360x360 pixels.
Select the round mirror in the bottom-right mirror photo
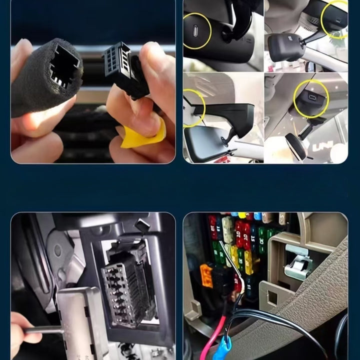pyautogui.click(x=295, y=145)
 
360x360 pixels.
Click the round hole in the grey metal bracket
pyautogui.click(x=57, y=250)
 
